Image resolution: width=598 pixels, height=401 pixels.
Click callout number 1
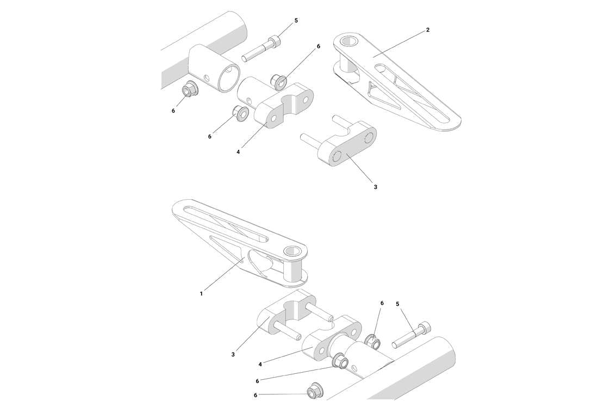(201, 293)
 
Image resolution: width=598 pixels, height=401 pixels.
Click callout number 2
(428, 30)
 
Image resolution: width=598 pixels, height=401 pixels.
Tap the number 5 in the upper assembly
(296, 21)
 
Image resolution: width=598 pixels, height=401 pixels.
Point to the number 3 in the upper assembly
(375, 187)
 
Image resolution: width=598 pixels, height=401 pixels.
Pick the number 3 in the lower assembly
(233, 354)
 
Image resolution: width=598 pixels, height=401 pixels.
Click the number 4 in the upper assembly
(238, 152)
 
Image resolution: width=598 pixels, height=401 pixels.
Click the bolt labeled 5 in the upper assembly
(261, 50)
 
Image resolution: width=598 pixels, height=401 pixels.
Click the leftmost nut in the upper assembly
(190, 88)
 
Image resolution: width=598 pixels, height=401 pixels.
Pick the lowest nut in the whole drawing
(314, 391)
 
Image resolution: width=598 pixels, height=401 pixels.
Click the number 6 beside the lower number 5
(382, 303)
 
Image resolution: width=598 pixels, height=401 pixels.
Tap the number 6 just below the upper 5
(319, 46)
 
